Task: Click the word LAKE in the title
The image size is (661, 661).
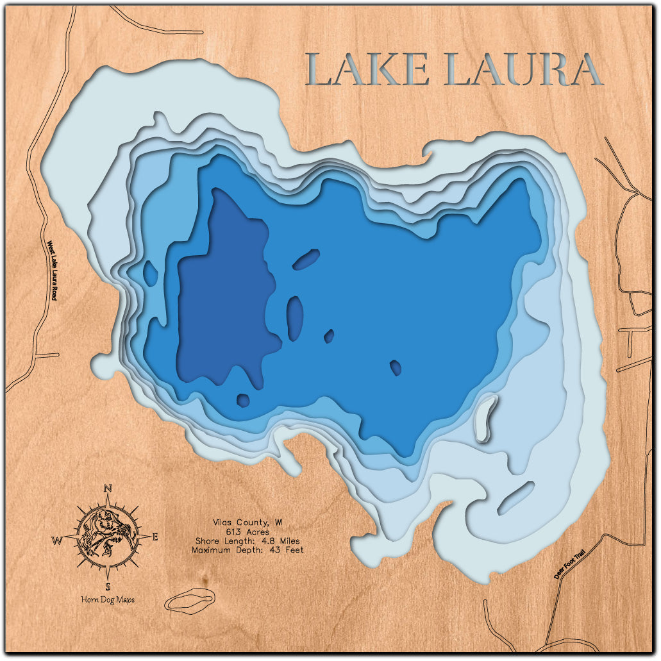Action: click(367, 70)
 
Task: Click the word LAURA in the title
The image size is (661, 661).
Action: click(523, 70)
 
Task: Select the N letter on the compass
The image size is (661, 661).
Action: click(108, 489)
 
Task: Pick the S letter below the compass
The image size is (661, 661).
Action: click(108, 586)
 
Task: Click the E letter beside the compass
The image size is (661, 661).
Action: click(155, 537)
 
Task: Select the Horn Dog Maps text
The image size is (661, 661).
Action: click(108, 599)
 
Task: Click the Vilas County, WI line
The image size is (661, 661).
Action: click(247, 523)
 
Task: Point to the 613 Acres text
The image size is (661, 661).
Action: click(247, 531)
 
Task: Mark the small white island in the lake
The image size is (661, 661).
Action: click(487, 417)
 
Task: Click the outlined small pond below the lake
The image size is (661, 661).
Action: click(189, 600)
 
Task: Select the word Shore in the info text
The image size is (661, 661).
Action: click(205, 540)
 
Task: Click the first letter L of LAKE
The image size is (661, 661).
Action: click(321, 70)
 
